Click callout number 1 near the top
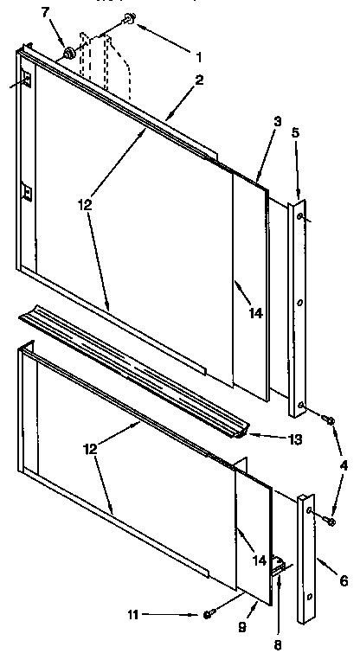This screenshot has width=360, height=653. [x=198, y=59]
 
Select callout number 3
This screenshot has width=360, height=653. [x=276, y=123]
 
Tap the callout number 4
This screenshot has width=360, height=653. [x=344, y=465]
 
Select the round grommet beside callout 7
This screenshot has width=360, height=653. [x=67, y=54]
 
